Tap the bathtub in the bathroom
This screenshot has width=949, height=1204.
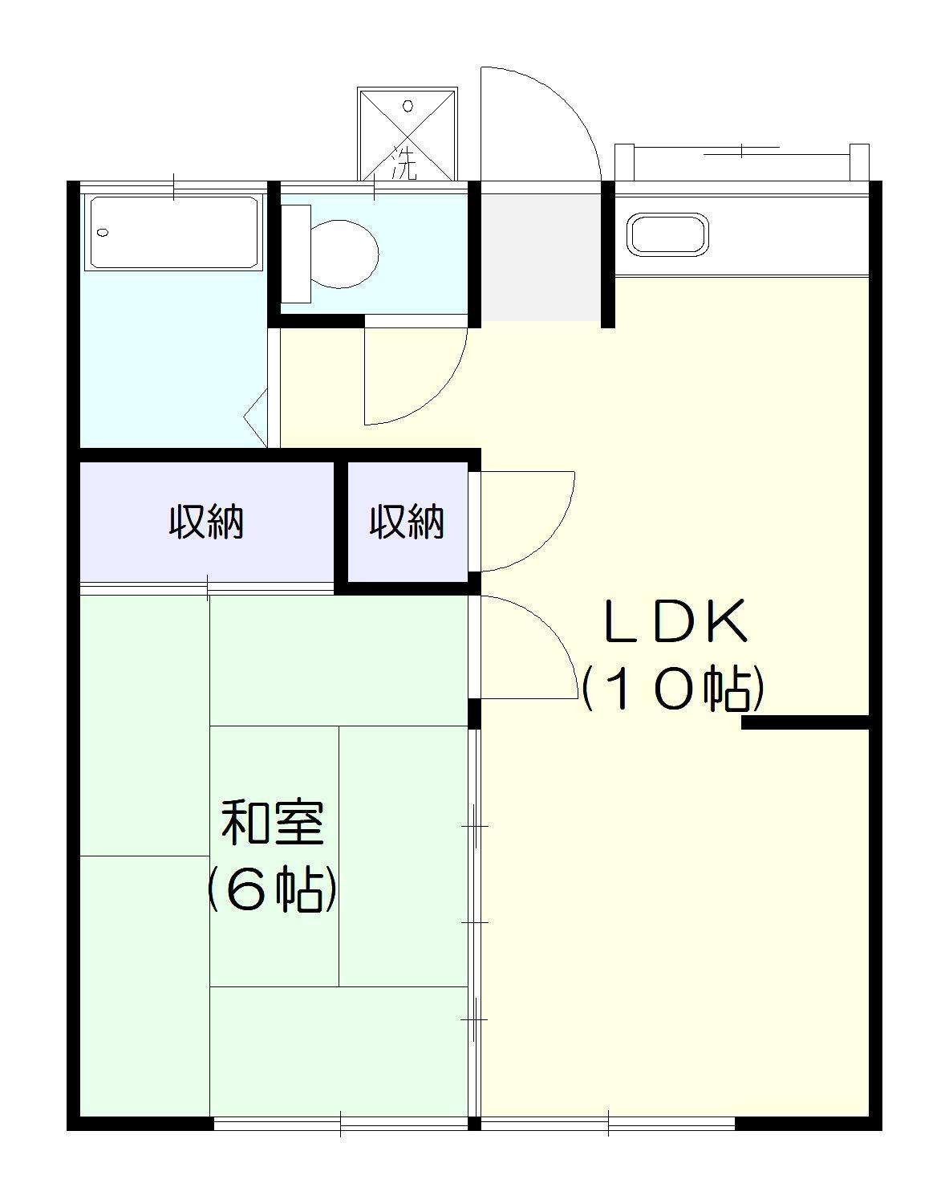tap(174, 233)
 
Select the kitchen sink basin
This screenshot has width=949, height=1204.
tap(668, 234)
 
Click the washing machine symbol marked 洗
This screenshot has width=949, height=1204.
tap(407, 135)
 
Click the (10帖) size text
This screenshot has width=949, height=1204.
tap(672, 689)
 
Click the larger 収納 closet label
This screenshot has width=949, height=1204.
tap(206, 523)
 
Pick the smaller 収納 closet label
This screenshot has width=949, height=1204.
tap(407, 523)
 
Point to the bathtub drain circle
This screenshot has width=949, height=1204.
tap(103, 233)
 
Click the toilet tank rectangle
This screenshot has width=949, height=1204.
tap(296, 254)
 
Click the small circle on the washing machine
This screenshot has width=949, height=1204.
tap(407, 105)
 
